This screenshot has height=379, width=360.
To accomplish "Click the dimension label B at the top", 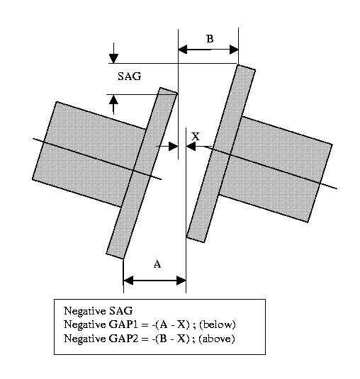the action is pyautogui.click(x=210, y=39).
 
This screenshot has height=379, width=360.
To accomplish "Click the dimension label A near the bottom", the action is pyautogui.click(x=157, y=264).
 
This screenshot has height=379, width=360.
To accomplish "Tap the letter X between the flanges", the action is pyautogui.click(x=196, y=137).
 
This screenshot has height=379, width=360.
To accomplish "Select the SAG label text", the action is pyautogui.click(x=130, y=76).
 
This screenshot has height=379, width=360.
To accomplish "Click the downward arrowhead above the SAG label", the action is pyautogui.click(x=113, y=59).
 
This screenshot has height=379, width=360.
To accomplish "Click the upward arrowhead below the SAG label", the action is pyautogui.click(x=113, y=100).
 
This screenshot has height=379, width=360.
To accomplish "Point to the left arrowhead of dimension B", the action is pyautogui.click(x=183, y=50).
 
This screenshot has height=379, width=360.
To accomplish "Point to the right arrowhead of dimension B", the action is pyautogui.click(x=234, y=50).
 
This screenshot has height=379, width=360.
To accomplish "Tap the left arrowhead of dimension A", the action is pyautogui.click(x=128, y=281).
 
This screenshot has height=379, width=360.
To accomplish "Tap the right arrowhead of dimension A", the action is pyautogui.click(x=181, y=281).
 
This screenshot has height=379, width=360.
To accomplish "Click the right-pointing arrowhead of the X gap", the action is pyautogui.click(x=174, y=146).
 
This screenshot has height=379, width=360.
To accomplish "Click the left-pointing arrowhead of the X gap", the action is pyautogui.click(x=191, y=146).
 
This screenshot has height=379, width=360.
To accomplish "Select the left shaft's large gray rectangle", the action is pyautogui.click(x=89, y=154).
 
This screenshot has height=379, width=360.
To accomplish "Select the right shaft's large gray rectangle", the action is pyautogui.click(x=276, y=169).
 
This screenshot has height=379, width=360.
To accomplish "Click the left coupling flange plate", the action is pyautogui.click(x=142, y=173).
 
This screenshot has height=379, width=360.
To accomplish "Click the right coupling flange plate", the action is pyautogui.click(x=221, y=154).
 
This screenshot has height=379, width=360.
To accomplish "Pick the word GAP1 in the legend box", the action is pyautogui.click(x=123, y=324).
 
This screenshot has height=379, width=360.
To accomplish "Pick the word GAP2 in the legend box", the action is pyautogui.click(x=123, y=339).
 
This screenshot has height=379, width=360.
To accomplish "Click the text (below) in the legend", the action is pyautogui.click(x=217, y=324).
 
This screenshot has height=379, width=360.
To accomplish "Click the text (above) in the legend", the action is pyautogui.click(x=217, y=339).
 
